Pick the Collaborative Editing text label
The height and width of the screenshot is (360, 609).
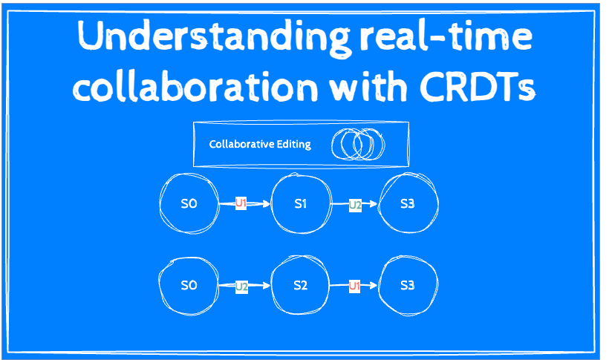(x=259, y=144)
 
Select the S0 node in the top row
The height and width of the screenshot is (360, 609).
(x=189, y=203)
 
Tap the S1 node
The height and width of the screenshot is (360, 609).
(x=301, y=203)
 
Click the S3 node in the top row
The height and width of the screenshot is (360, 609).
(x=408, y=203)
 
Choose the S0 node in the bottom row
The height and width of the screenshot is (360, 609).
(x=189, y=285)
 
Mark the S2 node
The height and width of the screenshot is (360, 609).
(x=301, y=285)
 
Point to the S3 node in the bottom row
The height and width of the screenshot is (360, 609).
(x=408, y=285)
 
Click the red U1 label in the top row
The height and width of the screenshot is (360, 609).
(x=241, y=203)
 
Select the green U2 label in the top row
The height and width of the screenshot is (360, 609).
(x=355, y=203)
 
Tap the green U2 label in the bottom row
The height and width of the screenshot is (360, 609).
(x=241, y=285)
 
